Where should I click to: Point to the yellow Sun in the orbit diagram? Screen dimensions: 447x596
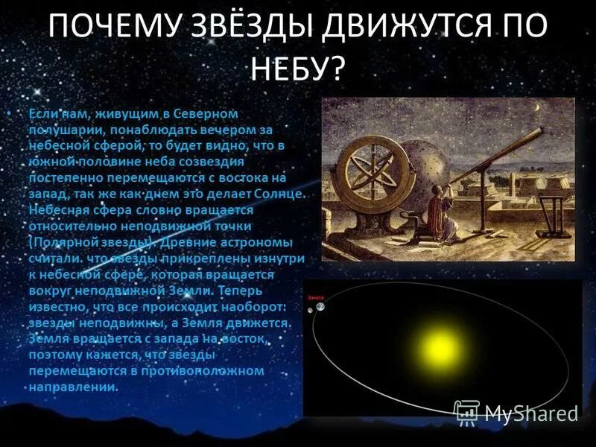(x=437, y=348)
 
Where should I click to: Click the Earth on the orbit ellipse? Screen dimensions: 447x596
(x=321, y=306)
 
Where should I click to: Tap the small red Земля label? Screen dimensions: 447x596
(x=312, y=296)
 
